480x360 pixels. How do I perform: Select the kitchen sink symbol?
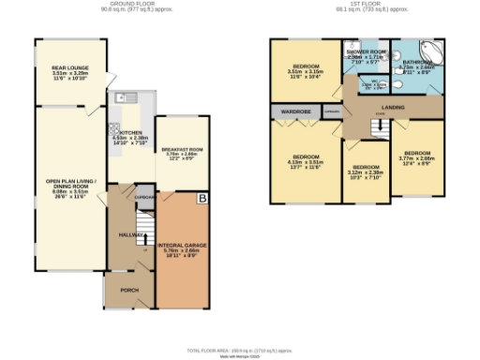[128, 97]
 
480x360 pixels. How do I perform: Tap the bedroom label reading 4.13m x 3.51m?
[307, 160]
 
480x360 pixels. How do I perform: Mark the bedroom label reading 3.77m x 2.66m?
[416, 156]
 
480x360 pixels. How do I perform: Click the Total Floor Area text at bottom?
[240, 348]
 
